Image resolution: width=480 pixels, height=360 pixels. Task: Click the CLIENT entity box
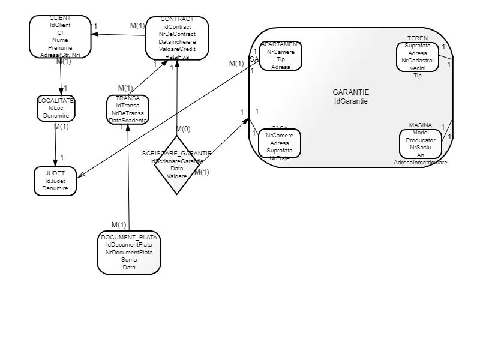pos(60,37)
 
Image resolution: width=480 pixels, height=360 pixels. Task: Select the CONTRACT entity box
pos(177,38)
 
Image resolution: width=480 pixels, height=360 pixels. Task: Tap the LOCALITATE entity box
pos(56,108)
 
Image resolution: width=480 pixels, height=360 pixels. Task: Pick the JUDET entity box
pos(55,181)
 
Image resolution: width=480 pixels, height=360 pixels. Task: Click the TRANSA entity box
pos(128,109)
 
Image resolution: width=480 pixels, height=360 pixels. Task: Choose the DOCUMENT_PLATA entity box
pos(129,253)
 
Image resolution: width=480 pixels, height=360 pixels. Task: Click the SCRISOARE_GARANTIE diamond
pos(177,165)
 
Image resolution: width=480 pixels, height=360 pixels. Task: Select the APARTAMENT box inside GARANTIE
pos(280,56)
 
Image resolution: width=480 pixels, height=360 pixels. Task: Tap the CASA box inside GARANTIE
pos(280,143)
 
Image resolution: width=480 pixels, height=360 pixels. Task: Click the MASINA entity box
pos(420,143)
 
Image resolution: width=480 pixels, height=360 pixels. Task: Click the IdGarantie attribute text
pos(351,101)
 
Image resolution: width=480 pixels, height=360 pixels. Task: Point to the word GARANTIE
pos(351,92)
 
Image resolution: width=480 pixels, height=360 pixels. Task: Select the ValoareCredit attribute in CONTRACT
pos(177,49)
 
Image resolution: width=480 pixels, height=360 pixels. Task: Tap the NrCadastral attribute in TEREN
pos(418,61)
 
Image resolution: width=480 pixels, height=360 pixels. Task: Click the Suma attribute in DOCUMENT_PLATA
pos(129,260)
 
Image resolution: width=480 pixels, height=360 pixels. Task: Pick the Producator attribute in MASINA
pos(420,139)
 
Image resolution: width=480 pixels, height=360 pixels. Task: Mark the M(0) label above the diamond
pos(184,129)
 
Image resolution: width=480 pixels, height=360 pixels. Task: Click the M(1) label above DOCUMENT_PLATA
pos(119,225)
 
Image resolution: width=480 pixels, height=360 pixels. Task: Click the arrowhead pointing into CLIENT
pos(94,34)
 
